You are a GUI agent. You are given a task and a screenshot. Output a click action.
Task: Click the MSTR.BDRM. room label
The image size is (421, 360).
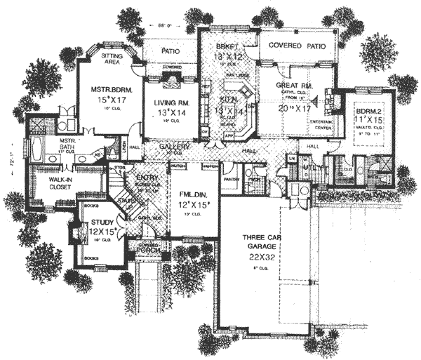pyautogui.click(x=107, y=90)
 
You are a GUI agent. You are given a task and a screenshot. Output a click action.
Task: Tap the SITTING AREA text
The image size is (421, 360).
pyautogui.click(x=113, y=59)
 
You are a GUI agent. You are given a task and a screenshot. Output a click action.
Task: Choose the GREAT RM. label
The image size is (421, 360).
pyautogui.click(x=293, y=86)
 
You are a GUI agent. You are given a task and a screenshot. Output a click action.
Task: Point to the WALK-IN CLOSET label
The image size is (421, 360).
pyautogui.click(x=51, y=184)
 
